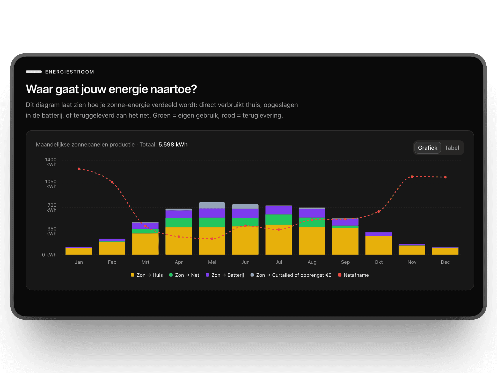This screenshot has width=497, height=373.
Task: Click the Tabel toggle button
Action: click(452, 148)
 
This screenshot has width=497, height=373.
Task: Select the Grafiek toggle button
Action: click(427, 148)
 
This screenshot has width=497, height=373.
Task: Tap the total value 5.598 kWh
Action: click(173, 145)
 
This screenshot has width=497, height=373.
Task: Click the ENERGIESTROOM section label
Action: click(69, 72)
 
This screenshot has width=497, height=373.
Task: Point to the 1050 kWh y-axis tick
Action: click(51, 184)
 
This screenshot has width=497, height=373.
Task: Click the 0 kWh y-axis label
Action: click(49, 255)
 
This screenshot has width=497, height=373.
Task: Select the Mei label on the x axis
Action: click(212, 262)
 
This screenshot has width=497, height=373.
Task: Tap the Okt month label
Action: click(378, 262)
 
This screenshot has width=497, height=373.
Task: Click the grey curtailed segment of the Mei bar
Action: click(212, 205)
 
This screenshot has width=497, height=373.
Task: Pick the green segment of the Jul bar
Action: click(279, 219)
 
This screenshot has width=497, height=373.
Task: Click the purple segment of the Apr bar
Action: click(179, 214)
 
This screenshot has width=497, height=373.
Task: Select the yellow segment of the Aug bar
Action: click(312, 241)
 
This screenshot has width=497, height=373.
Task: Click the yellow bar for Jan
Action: click(79, 251)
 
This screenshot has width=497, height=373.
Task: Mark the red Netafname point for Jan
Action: click(79, 169)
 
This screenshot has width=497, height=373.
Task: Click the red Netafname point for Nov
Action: click(412, 177)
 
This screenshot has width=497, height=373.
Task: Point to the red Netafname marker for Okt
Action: click(379, 212)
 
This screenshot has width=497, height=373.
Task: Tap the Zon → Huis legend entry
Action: click(147, 275)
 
